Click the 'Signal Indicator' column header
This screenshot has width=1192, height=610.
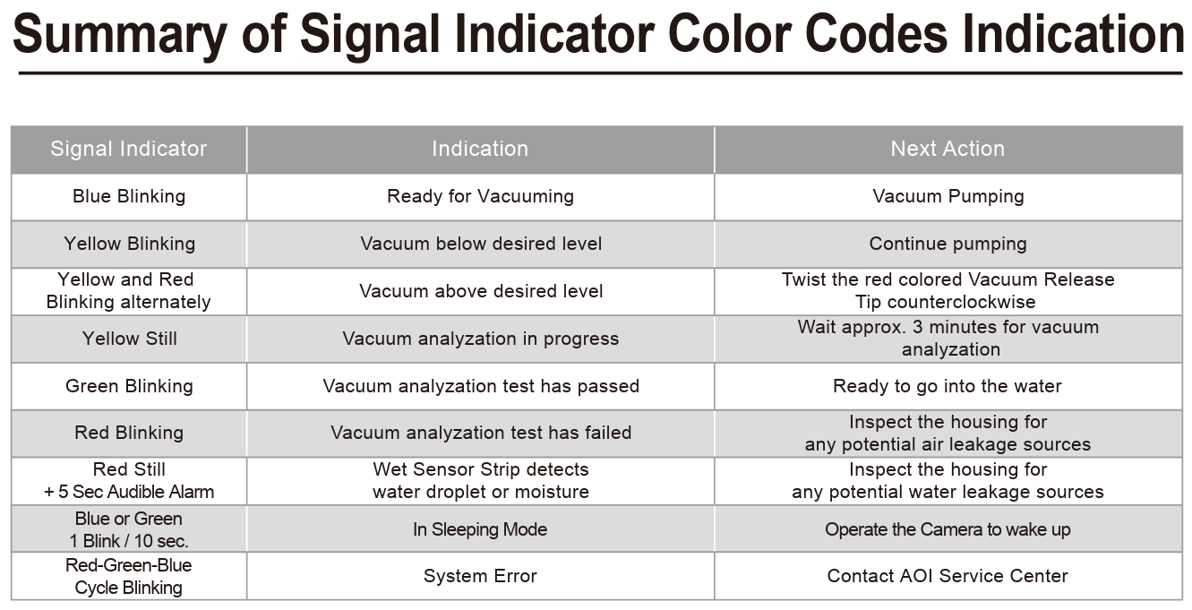pyautogui.click(x=128, y=149)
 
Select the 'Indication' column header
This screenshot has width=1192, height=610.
pyautogui.click(x=480, y=149)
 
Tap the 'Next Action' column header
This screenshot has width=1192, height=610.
pyautogui.click(x=948, y=149)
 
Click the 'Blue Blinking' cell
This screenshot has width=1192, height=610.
pyautogui.click(x=129, y=196)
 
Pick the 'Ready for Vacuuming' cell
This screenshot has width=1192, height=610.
pyautogui.click(x=481, y=196)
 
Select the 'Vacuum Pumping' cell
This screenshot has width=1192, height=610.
pyautogui.click(x=948, y=196)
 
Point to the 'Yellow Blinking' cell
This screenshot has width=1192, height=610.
pyautogui.click(x=129, y=244)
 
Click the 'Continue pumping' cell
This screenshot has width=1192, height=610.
pyautogui.click(x=948, y=244)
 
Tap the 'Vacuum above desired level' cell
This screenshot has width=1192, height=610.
pyautogui.click(x=481, y=291)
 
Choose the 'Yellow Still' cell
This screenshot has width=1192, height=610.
pyautogui.click(x=129, y=339)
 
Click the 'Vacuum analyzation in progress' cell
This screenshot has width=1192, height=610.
pyautogui.click(x=481, y=339)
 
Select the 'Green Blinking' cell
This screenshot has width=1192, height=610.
pyautogui.click(x=129, y=386)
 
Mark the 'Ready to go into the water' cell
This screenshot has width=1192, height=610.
pyautogui.click(x=948, y=386)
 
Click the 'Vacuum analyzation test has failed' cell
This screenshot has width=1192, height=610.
pyautogui.click(x=481, y=433)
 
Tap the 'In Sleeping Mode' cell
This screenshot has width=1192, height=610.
pyautogui.click(x=480, y=529)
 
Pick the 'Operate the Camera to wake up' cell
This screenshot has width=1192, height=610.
pyautogui.click(x=948, y=529)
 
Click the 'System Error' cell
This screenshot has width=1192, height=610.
pyautogui.click(x=480, y=576)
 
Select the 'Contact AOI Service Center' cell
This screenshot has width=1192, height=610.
pyautogui.click(x=948, y=576)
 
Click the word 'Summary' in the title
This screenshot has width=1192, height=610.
pyautogui.click(x=120, y=35)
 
